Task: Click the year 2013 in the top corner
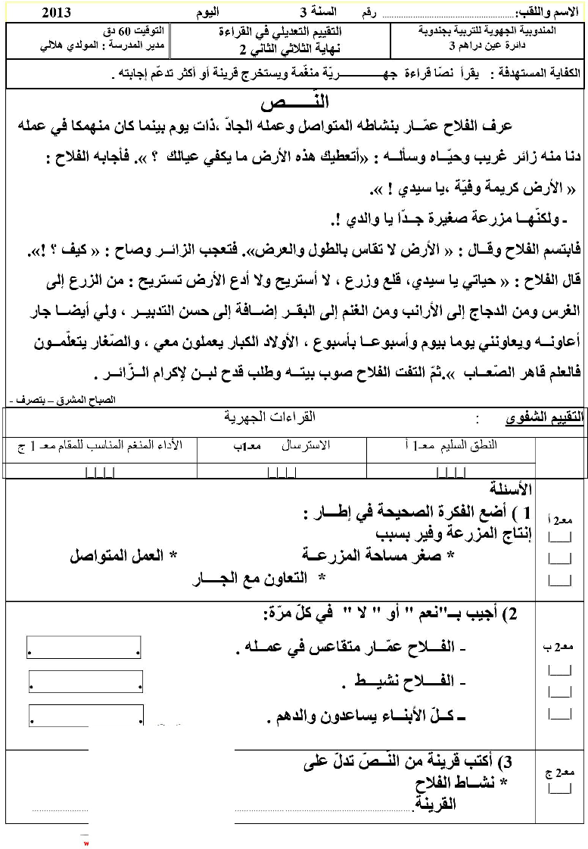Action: coord(58,12)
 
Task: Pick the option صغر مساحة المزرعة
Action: coord(379,556)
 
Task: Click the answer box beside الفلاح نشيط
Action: coord(86,682)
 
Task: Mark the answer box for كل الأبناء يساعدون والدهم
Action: coord(86,716)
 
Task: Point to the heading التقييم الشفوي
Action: coord(545,420)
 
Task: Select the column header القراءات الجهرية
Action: coord(269,417)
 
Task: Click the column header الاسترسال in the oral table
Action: coord(306,445)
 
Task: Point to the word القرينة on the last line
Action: coord(434,805)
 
